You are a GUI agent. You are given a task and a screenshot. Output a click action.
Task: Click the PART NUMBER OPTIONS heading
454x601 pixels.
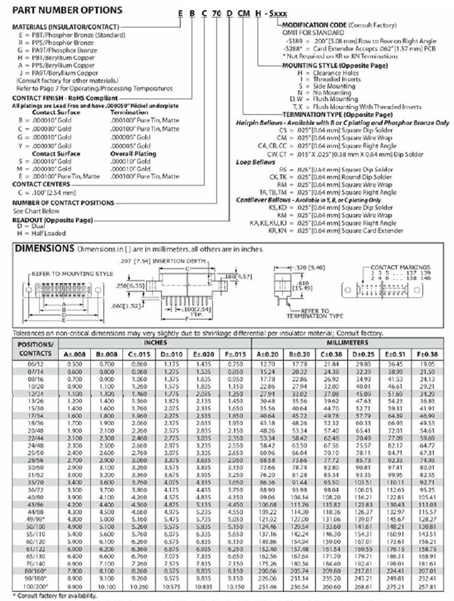(x=67, y=10)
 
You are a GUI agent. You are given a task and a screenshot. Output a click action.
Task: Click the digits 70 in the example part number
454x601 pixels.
(x=216, y=13)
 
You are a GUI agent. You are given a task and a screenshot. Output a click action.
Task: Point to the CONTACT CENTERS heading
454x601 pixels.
(x=41, y=184)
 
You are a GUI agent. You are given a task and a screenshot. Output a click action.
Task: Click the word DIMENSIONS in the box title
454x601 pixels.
(x=44, y=248)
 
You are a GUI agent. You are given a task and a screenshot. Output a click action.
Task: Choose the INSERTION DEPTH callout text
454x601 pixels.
(x=179, y=261)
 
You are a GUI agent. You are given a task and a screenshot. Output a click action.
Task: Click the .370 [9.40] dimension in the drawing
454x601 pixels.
(x=309, y=268)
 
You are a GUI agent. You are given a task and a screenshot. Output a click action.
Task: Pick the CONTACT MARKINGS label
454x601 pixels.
(x=400, y=267)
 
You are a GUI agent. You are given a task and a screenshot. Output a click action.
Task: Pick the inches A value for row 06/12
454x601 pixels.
(x=74, y=364)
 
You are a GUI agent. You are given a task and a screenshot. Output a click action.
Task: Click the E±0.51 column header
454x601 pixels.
(x=395, y=354)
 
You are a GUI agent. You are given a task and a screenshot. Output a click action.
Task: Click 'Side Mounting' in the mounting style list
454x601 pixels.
(x=334, y=86)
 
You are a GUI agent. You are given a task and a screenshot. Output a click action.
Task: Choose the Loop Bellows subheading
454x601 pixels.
(x=255, y=162)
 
